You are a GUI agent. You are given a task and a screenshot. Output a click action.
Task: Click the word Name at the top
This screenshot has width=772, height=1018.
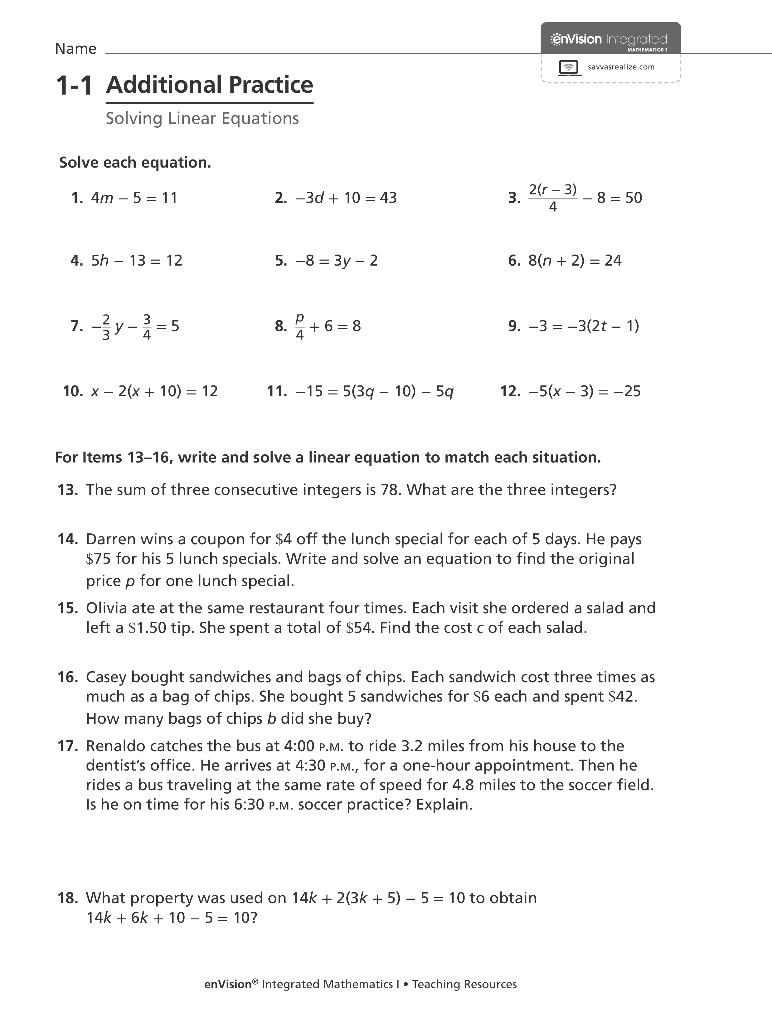[75, 49]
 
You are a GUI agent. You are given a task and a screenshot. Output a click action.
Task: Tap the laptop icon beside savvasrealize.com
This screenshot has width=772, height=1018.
[569, 67]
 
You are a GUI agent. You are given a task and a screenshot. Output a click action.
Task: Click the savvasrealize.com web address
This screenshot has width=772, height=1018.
[621, 67]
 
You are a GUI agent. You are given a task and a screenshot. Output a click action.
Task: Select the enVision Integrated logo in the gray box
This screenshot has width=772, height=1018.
[609, 40]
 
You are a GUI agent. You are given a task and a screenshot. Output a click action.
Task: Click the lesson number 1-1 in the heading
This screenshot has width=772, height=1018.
[74, 86]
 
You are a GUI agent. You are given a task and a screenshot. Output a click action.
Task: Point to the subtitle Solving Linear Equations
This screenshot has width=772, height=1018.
[202, 118]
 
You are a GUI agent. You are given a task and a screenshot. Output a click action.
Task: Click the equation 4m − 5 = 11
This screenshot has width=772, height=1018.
[134, 198]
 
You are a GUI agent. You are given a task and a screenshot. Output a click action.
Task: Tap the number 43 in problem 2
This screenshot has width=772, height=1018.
[388, 198]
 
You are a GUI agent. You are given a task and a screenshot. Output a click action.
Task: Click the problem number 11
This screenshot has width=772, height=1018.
[276, 392]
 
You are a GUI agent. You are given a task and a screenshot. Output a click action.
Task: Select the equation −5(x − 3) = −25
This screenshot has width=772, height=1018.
[584, 392]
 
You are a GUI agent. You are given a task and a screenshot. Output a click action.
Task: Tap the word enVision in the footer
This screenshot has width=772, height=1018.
[228, 984]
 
